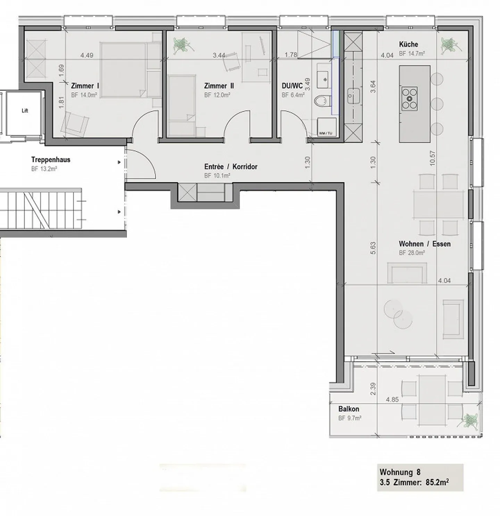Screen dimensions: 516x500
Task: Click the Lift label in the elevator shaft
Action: point(25,111)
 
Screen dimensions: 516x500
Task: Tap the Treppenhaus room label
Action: point(51,160)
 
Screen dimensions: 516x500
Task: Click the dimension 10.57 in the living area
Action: point(432,158)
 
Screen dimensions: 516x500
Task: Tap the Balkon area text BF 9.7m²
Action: point(350,418)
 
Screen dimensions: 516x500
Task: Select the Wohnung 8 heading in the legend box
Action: point(400,472)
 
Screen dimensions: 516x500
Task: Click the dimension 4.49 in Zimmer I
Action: point(87,55)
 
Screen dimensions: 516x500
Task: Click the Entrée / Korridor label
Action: point(231,167)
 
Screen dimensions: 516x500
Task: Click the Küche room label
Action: point(408,44)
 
